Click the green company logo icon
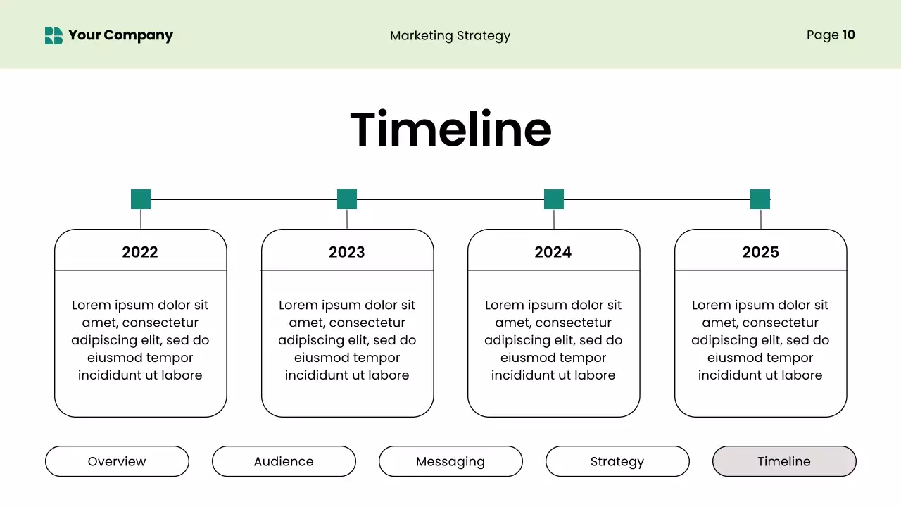[x=53, y=35]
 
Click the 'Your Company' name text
[x=120, y=35]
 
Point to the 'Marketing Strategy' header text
[x=450, y=36]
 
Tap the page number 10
[x=848, y=35]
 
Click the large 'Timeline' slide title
[x=450, y=130]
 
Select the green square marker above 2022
[x=141, y=199]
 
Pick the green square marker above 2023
[x=347, y=199]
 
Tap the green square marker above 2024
[x=554, y=199]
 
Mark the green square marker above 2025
[x=760, y=199]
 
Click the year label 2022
[x=140, y=252]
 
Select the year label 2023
[x=347, y=252]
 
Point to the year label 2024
[x=553, y=252]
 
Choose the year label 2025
[x=760, y=252]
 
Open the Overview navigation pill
[x=117, y=461]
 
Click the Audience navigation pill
[x=284, y=461]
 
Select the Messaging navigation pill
[x=450, y=461]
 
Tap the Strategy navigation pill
[x=617, y=461]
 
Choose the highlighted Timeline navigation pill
[x=784, y=461]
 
